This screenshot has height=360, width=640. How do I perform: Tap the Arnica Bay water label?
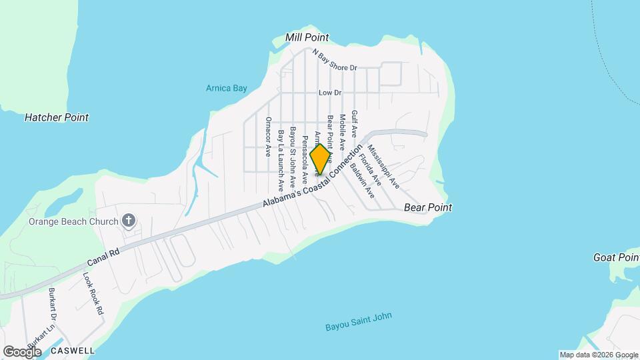click(226, 88)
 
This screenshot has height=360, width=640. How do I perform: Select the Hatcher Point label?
click(57, 117)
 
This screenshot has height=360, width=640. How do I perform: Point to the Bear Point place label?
click(428, 207)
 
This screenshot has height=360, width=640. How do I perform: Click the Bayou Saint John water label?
click(358, 322)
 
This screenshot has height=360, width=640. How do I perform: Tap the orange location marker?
click(320, 159)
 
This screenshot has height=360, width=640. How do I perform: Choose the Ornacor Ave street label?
click(268, 136)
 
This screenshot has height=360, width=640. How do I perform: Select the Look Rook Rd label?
click(93, 293)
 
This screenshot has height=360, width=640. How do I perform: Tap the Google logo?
click(22, 351)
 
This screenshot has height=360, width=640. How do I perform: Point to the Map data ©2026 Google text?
click(599, 355)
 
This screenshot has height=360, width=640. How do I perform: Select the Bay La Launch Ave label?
click(281, 160)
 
